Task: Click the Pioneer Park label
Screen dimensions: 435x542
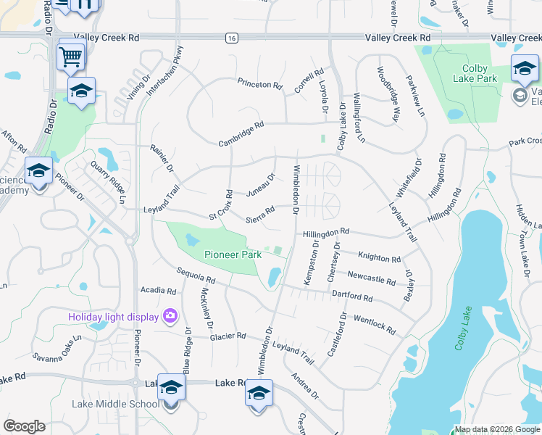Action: click(x=233, y=254)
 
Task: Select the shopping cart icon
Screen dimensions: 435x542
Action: click(x=71, y=55)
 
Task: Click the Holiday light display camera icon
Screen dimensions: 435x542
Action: click(x=170, y=315)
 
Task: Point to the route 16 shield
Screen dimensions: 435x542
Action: click(x=230, y=38)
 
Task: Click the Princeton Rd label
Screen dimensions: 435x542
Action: click(x=260, y=85)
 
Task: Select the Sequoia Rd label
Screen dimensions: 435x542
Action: click(x=196, y=275)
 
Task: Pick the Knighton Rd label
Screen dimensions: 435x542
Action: click(x=379, y=257)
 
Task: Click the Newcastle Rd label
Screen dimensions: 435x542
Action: click(x=371, y=278)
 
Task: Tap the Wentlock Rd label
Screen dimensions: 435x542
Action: click(x=374, y=325)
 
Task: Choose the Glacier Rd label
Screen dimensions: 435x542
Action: click(x=228, y=336)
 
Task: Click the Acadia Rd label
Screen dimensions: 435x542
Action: click(x=159, y=291)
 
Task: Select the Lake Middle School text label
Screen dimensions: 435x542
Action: click(x=115, y=404)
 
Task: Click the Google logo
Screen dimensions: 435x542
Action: click(x=24, y=426)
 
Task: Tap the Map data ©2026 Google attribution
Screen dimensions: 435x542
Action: click(x=496, y=429)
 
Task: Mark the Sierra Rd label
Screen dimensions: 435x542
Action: click(x=259, y=215)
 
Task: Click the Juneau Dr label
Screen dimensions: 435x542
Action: click(x=261, y=186)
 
